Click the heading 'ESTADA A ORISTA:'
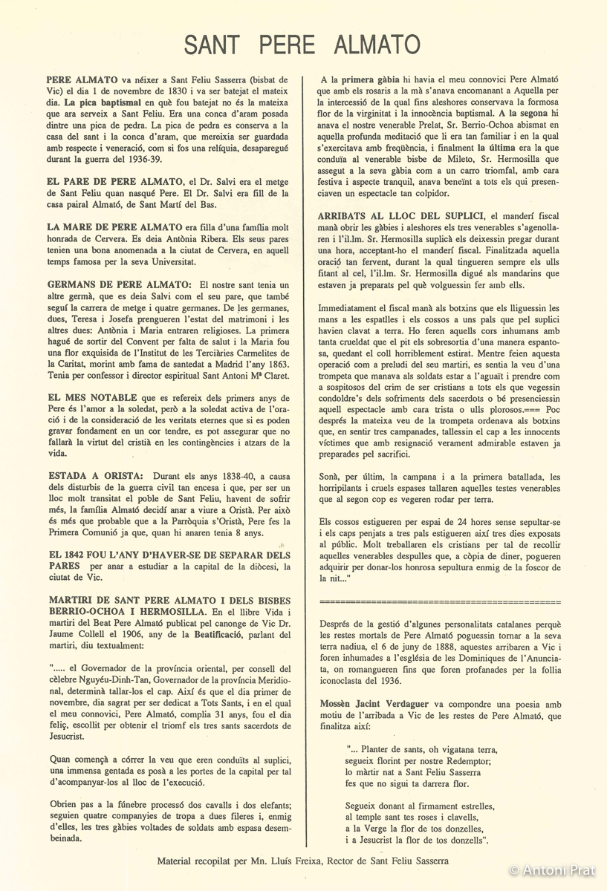click(x=94, y=476)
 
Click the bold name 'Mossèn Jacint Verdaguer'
click(x=375, y=703)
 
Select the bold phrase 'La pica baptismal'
click(x=101, y=102)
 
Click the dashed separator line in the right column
click(x=439, y=602)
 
